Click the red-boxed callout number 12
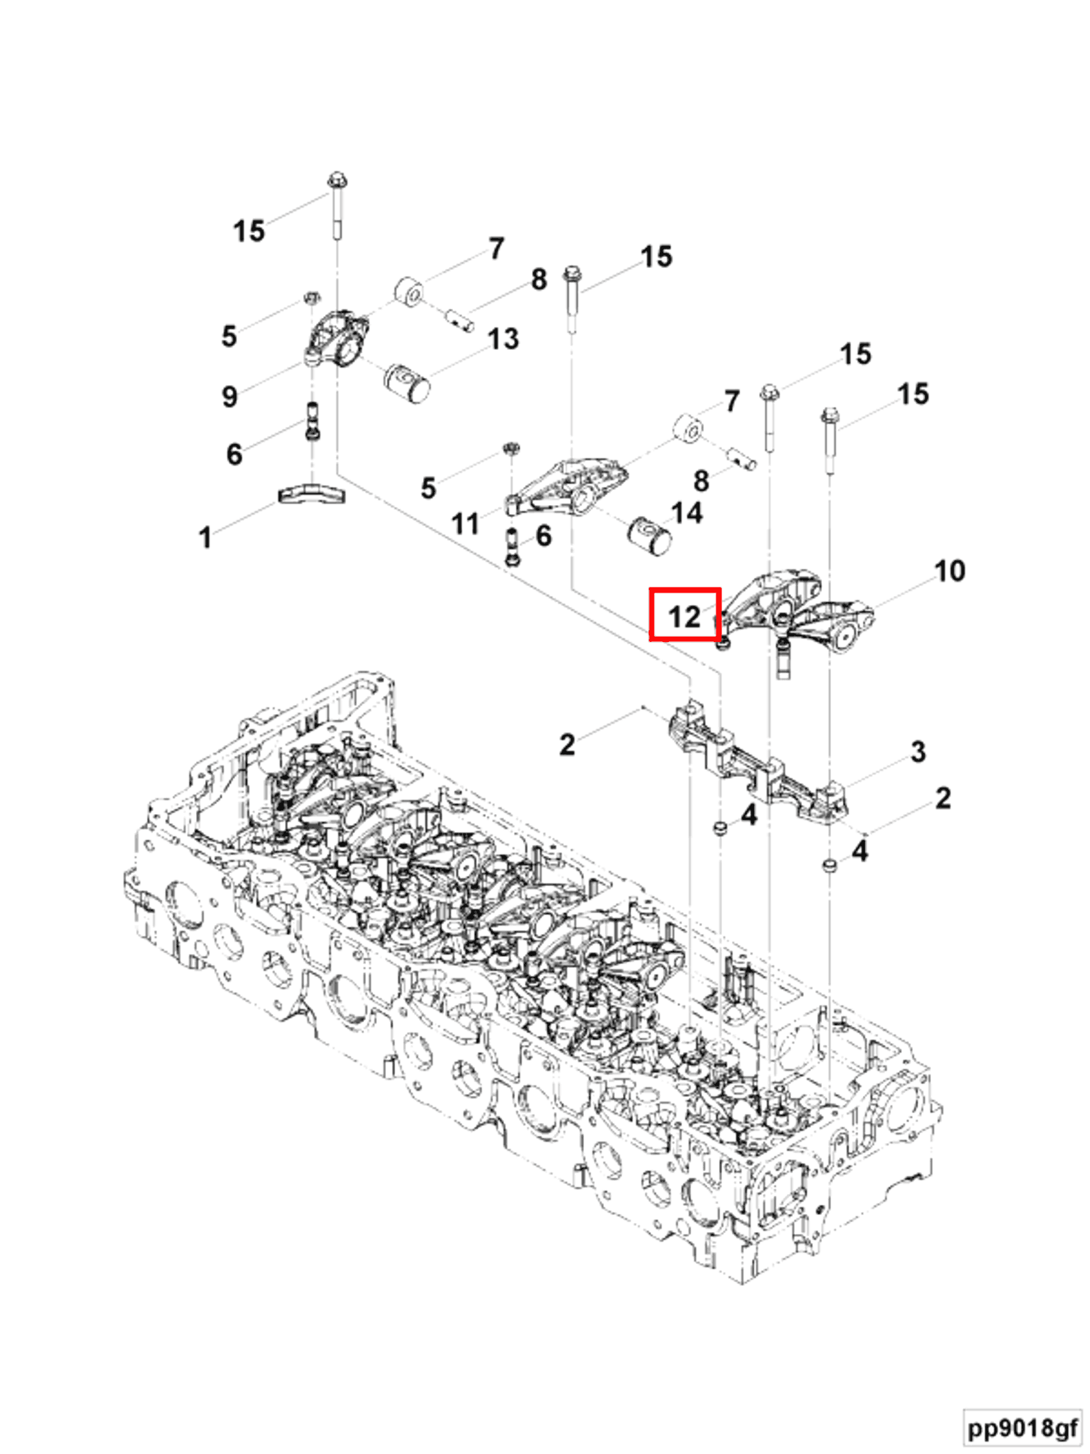click(x=684, y=616)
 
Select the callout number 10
click(x=949, y=571)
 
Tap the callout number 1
click(x=205, y=537)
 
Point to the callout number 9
click(x=229, y=397)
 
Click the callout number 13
click(x=503, y=339)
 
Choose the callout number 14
click(x=686, y=513)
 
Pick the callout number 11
click(x=465, y=524)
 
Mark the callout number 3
click(x=918, y=751)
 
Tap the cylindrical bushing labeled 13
click(x=407, y=382)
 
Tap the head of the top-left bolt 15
click(x=336, y=179)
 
